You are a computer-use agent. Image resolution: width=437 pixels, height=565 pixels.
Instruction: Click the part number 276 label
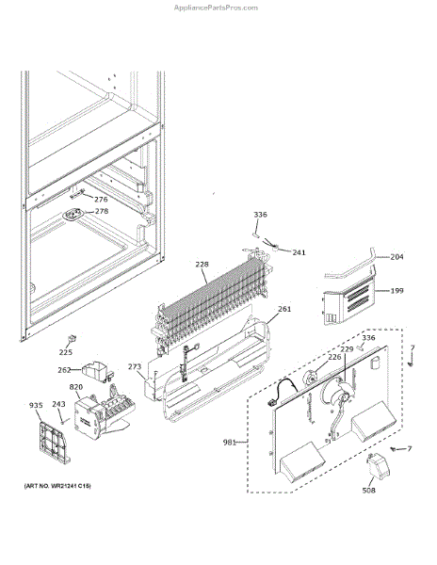(101, 200)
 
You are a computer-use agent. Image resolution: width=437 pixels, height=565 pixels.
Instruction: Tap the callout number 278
(102, 211)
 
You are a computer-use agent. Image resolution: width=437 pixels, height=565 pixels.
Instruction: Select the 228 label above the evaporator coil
(202, 264)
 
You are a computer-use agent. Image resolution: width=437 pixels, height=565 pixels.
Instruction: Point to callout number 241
(299, 252)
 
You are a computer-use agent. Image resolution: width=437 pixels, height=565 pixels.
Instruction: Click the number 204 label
(397, 257)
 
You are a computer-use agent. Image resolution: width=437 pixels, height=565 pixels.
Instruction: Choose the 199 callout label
(397, 290)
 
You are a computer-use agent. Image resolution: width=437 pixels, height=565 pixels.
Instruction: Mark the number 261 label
(284, 309)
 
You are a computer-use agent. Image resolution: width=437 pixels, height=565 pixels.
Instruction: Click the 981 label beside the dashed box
(229, 443)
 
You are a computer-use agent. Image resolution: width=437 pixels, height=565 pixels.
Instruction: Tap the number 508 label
(368, 490)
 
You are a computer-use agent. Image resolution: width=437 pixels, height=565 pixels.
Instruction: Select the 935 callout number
(36, 405)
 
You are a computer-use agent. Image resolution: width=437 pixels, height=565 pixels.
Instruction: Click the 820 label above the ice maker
(76, 387)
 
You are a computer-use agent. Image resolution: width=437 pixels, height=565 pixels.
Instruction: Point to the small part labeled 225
(72, 339)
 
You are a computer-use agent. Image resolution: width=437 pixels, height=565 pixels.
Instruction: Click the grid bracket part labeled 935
(54, 444)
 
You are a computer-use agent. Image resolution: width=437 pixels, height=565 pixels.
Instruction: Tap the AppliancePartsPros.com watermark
(216, 8)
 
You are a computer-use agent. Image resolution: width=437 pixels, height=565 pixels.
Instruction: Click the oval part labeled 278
(74, 215)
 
